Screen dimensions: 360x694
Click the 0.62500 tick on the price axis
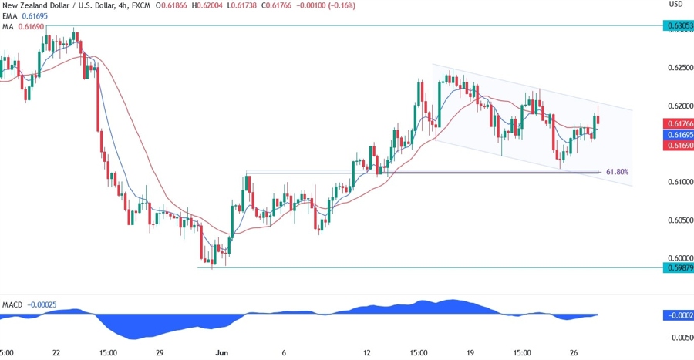click(x=678, y=68)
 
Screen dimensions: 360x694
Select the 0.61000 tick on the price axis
click(x=678, y=182)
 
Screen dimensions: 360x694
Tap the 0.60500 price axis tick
click(x=678, y=220)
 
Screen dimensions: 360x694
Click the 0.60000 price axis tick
click(x=678, y=258)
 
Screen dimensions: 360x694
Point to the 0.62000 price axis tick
click(x=678, y=106)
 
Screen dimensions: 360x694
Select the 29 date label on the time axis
click(x=160, y=353)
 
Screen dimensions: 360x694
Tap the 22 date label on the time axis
click(x=56, y=353)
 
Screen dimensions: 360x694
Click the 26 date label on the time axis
click(x=574, y=353)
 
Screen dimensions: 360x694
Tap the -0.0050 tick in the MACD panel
click(x=677, y=338)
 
